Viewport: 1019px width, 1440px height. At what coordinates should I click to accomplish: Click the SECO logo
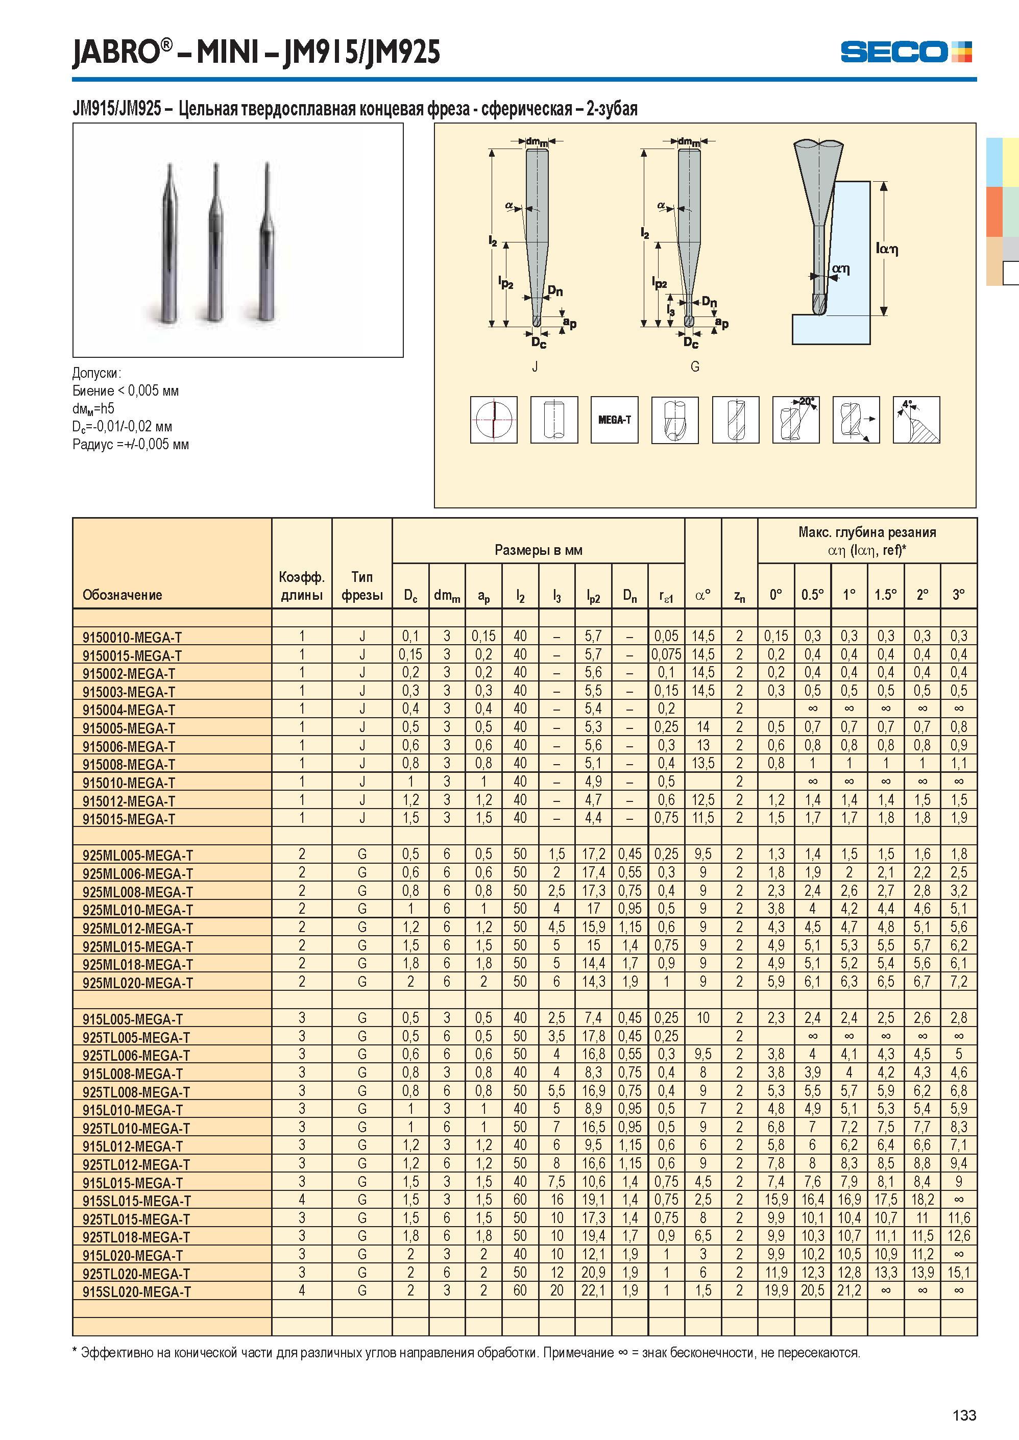coord(906,52)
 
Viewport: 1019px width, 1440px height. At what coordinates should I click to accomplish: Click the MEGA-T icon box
coord(614,420)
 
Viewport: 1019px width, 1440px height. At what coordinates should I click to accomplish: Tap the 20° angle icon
coord(795,420)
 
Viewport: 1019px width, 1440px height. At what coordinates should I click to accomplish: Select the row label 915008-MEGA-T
coord(129,765)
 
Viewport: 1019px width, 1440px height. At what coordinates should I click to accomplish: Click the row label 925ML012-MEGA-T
coord(137,929)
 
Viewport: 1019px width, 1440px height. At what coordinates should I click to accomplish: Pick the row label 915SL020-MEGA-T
coord(136,1292)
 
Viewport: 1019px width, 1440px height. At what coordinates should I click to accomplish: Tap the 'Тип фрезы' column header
coord(362,585)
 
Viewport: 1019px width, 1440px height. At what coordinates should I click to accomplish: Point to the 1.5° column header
coord(885,594)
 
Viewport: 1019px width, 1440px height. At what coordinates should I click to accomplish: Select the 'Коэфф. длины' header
coord(302,585)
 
